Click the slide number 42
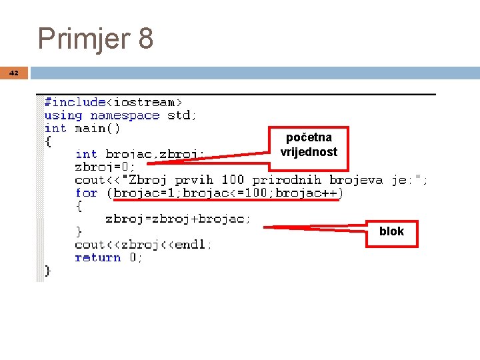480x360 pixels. [15, 73]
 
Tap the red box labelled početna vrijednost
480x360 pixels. [309, 145]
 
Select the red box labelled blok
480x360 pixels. [391, 233]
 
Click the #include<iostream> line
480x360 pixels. [113, 102]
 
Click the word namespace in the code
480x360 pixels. [125, 115]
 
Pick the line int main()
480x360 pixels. [82, 128]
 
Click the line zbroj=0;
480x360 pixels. [105, 167]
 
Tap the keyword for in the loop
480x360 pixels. [86, 193]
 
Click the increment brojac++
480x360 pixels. [303, 193]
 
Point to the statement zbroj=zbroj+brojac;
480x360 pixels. [178, 219]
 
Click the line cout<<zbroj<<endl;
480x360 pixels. [143, 245]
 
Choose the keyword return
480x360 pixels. [97, 258]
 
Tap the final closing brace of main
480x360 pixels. [48, 271]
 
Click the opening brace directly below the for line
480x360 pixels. [79, 206]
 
